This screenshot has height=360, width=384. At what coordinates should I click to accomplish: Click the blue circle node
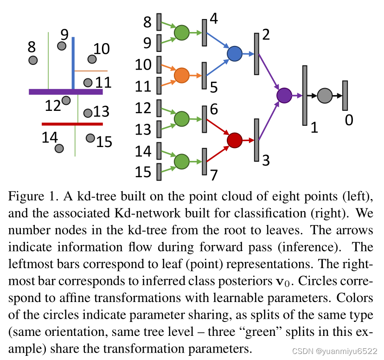(235, 54)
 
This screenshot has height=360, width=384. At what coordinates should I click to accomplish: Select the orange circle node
(181, 75)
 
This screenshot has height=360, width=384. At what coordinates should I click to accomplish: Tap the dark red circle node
(235, 140)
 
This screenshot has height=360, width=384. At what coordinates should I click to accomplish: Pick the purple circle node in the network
(284, 95)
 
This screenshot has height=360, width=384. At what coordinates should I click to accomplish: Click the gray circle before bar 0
(325, 95)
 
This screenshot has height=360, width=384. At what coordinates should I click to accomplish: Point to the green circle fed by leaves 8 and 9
(181, 32)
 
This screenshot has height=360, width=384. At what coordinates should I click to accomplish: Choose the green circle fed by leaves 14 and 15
(181, 161)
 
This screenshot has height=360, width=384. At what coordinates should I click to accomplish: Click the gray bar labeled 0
(345, 95)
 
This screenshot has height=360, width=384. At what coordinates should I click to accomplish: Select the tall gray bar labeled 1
(305, 95)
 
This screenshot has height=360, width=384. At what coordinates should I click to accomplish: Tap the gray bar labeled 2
(256, 54)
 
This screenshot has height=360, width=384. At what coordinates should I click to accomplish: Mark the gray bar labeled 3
(256, 140)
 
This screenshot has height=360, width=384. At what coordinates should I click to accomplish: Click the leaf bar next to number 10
(159, 64)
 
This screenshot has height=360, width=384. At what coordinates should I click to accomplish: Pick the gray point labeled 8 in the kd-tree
(33, 60)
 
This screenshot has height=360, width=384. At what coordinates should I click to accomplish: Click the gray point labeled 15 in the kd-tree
(90, 138)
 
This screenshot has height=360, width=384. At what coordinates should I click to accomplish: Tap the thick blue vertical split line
(73, 63)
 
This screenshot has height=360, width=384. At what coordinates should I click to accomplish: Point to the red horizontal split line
(72, 124)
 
